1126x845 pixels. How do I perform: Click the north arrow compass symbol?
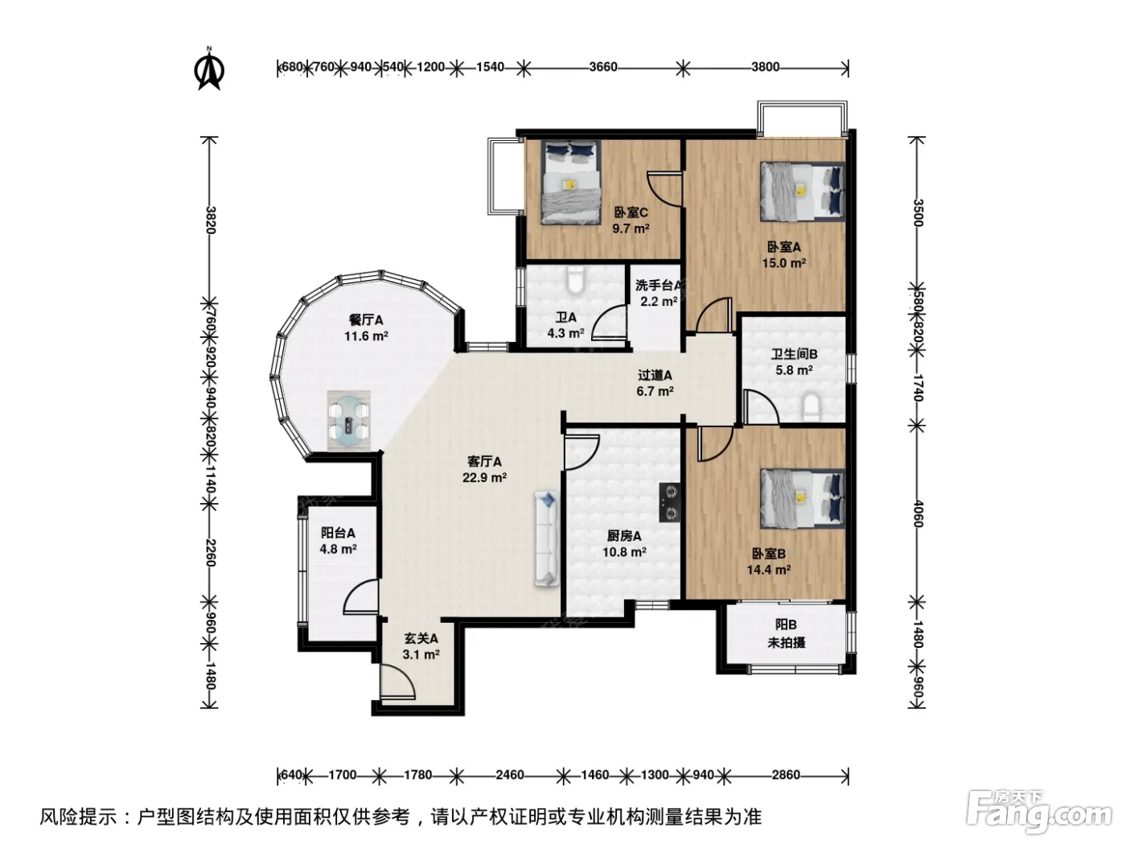pyautogui.click(x=209, y=68)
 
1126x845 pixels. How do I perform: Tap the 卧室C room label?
pyautogui.click(x=631, y=212)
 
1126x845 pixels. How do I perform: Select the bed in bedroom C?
pyautogui.click(x=571, y=182)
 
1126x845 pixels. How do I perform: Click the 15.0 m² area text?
pyautogui.click(x=784, y=263)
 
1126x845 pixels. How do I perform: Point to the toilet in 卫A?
pyautogui.click(x=576, y=281)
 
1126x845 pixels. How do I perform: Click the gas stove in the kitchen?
pyautogui.click(x=670, y=502)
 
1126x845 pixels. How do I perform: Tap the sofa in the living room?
pyautogui.click(x=546, y=538)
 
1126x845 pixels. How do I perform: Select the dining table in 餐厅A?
pyautogui.click(x=349, y=421)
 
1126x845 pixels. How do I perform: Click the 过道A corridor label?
pyautogui.click(x=655, y=376)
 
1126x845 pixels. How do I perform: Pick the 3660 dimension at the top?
pyautogui.click(x=603, y=68)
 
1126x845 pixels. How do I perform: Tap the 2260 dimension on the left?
pyautogui.click(x=210, y=553)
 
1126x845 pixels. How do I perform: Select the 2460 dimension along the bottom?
pyautogui.click(x=509, y=774)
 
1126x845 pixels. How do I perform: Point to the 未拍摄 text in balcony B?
pyautogui.click(x=786, y=642)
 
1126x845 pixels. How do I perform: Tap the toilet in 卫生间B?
pyautogui.click(x=811, y=407)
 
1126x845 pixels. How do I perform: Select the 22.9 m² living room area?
pyautogui.click(x=485, y=478)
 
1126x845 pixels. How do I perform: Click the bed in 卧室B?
pyautogui.click(x=803, y=497)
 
